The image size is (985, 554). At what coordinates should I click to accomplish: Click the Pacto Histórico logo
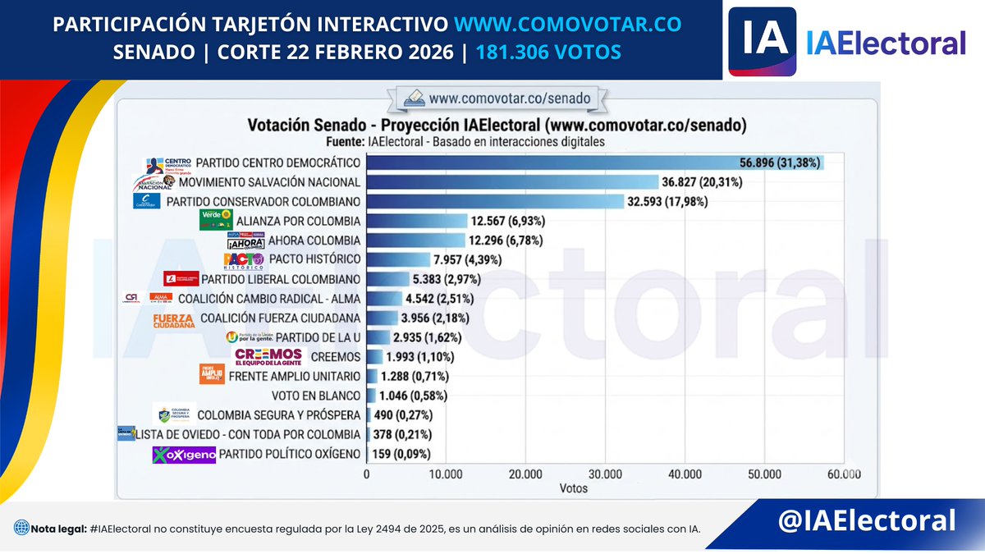tap(244, 260)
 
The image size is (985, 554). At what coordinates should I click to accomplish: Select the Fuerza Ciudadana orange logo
tap(174, 319)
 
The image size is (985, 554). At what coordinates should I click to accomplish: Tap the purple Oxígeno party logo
tap(184, 455)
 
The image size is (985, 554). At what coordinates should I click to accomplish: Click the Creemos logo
tap(269, 357)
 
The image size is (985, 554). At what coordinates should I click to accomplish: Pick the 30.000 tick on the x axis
tap(605, 474)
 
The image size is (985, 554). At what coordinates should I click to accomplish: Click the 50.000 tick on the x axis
tap(764, 474)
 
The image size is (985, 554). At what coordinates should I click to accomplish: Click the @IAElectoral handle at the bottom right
tap(868, 520)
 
